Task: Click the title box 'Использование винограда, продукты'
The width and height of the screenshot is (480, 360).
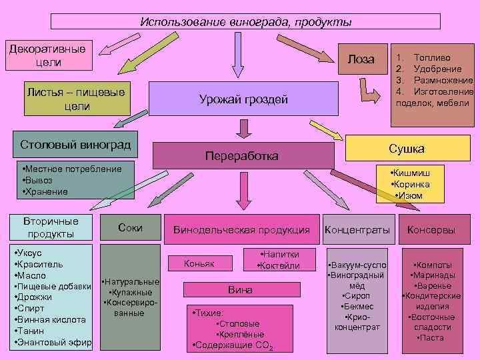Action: click(245, 21)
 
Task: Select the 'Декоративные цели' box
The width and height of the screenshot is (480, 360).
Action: click(47, 55)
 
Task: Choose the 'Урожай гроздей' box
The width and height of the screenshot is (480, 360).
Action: click(243, 99)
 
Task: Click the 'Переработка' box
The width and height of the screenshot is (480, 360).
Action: click(243, 155)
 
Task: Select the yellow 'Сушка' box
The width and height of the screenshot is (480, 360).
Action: click(406, 148)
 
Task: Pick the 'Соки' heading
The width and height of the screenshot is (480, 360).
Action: click(129, 227)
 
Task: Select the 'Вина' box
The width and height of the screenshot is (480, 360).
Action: click(240, 290)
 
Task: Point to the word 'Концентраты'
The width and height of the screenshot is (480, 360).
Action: click(357, 230)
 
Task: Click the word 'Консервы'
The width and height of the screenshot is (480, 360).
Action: click(431, 230)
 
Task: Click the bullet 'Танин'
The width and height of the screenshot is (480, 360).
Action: click(33, 331)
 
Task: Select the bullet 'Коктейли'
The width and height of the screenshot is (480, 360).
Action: click(278, 266)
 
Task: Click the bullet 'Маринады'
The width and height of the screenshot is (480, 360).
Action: click(433, 275)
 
